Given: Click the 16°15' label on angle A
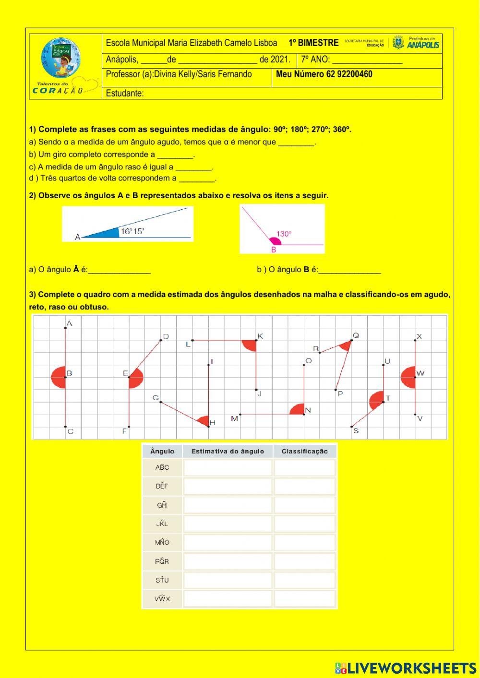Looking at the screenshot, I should pyautogui.click(x=132, y=231).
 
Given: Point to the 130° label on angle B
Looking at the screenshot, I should pyautogui.click(x=284, y=234).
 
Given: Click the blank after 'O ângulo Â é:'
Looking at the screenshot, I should pyautogui.click(x=120, y=270).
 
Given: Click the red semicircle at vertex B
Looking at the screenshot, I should pyautogui.click(x=59, y=377).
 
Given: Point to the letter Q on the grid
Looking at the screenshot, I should pyautogui.click(x=356, y=335).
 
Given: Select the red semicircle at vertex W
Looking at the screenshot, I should pyautogui.click(x=408, y=377).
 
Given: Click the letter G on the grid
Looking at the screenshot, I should pyautogui.click(x=155, y=398).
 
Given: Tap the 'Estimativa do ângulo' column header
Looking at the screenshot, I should pyautogui.click(x=228, y=452).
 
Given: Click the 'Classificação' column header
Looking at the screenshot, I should pyautogui.click(x=305, y=452).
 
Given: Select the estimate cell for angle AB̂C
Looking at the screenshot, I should pyautogui.click(x=228, y=468).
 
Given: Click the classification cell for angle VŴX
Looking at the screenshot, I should pyautogui.click(x=305, y=599).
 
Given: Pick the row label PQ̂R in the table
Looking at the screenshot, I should pyautogui.click(x=162, y=561).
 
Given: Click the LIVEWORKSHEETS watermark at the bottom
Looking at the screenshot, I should pyautogui.click(x=406, y=668).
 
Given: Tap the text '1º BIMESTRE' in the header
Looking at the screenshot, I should pyautogui.click(x=313, y=43).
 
